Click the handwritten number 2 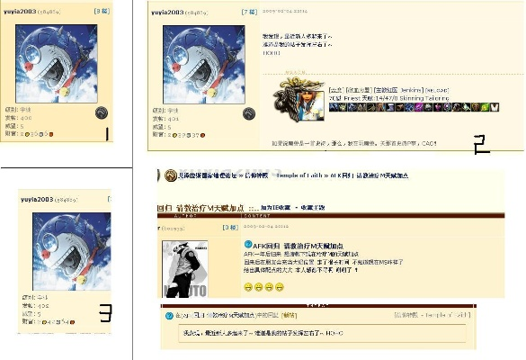tap(481, 145)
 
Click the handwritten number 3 tap(105, 313)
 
